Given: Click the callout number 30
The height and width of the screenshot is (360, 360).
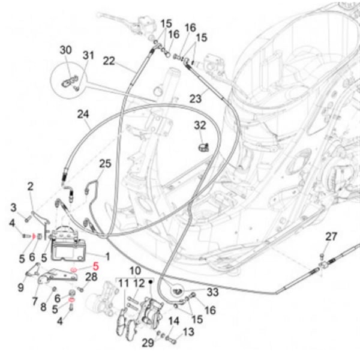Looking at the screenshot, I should pos(65,50).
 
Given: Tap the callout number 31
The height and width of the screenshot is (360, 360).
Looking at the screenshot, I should pos(88,56).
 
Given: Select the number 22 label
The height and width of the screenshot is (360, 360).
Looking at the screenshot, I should pos(109,61).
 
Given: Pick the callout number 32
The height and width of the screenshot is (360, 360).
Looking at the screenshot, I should pos(200,125).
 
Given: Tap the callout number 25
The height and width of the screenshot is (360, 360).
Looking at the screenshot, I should pos(105,163).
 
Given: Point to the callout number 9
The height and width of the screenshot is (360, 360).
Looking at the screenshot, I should pos(21,287).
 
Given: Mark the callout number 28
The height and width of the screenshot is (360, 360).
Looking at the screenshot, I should pos(91,277).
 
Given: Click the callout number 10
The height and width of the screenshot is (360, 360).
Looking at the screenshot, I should pos(134,271).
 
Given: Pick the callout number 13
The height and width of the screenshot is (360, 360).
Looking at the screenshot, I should pos(188,332).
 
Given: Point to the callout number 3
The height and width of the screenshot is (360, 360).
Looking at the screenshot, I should pos(13,207).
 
